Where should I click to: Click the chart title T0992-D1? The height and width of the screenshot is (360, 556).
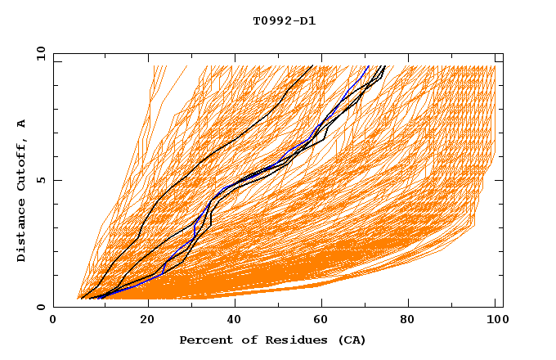284,21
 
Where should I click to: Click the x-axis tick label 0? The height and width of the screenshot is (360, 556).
53,322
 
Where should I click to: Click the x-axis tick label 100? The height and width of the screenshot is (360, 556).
495,322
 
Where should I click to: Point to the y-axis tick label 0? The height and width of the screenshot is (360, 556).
40,308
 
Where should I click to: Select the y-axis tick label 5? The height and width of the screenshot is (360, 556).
40,180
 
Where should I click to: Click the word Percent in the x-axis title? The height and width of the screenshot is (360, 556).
203,340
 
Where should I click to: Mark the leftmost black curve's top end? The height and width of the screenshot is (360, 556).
312,66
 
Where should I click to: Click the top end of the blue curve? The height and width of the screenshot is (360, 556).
369,66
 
